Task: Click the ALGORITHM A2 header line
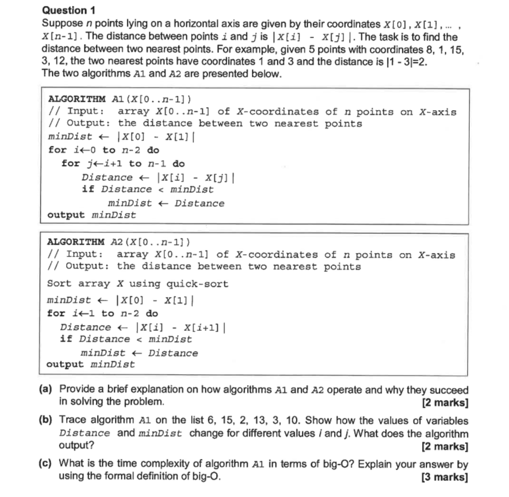pyautogui.click(x=119, y=242)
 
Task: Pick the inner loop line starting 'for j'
pyautogui.click(x=123, y=163)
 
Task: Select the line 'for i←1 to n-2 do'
pyautogui.click(x=102, y=313)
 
